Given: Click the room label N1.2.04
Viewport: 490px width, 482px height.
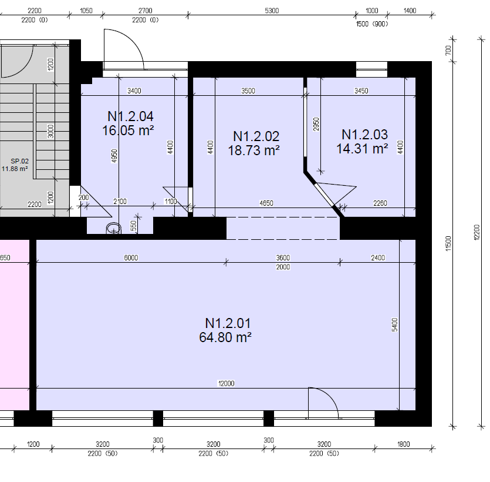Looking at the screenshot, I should (x=130, y=116).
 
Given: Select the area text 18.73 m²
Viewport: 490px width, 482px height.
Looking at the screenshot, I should (x=254, y=150).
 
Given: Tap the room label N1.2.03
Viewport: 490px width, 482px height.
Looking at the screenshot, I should (x=364, y=135).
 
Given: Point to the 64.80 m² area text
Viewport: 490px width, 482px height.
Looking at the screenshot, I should (x=226, y=337).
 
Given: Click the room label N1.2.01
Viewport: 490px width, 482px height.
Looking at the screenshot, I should (x=228, y=323).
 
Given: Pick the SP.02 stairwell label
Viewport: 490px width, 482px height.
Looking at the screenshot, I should (x=19, y=160).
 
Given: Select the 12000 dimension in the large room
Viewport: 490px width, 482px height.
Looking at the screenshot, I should (x=226, y=383).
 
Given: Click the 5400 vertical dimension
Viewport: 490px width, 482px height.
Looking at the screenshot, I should (x=395, y=325).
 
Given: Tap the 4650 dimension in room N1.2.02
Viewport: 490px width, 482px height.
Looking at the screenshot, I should (x=266, y=203).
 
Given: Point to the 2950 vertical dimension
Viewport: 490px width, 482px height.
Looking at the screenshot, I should (x=316, y=124).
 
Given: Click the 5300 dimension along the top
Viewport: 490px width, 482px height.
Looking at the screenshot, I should (x=272, y=11).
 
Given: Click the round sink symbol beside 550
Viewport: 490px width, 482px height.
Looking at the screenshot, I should (x=113, y=228).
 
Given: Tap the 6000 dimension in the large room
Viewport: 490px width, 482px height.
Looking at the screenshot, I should (x=131, y=257).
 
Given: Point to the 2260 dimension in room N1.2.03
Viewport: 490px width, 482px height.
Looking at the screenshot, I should (x=380, y=203).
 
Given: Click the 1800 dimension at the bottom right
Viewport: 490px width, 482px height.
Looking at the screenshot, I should (x=403, y=444).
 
